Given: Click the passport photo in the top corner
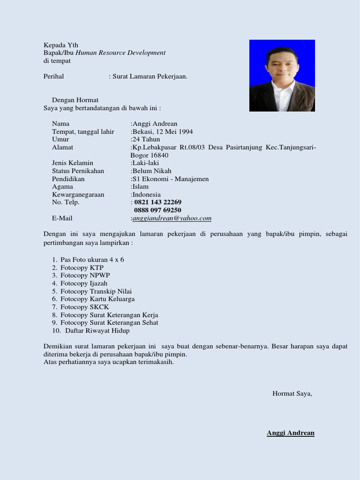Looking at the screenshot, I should point(282,75).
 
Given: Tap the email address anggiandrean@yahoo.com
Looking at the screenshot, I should point(172,218).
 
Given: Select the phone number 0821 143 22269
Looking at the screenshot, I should point(158,202).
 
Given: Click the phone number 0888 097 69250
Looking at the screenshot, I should point(158,210).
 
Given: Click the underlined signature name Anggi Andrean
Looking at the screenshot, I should point(291,433).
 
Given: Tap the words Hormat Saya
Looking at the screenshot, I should point(292,393).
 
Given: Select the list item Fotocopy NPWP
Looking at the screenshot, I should point(85,275).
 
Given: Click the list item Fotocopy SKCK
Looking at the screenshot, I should point(84,307).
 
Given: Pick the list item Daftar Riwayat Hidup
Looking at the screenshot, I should point(97,330).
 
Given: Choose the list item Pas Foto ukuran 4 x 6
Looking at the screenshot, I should point(92,259).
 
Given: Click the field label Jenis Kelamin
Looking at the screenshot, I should point(73,163).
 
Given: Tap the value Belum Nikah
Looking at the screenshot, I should point(152,171).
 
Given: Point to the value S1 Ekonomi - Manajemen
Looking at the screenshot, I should point(171,179).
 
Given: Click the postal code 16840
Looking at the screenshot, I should point(159,155).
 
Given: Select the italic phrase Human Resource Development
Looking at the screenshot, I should point(120,52).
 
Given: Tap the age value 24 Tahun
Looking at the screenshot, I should point(146,139).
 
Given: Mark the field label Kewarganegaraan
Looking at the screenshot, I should point(78,194).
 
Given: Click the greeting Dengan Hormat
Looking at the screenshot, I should point(75,100).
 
